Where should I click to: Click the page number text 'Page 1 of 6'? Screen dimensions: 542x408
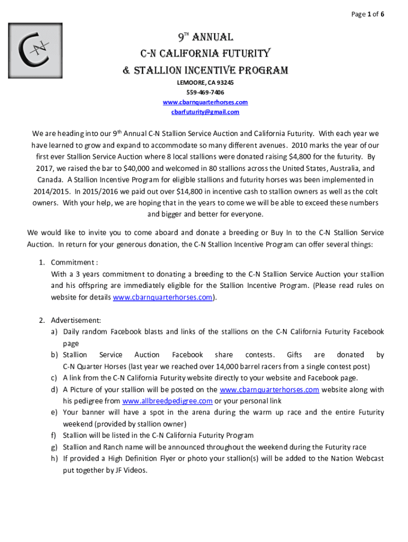tap(368, 14)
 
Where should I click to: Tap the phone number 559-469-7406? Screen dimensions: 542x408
tap(205, 92)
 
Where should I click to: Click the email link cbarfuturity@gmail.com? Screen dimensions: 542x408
tap(205, 112)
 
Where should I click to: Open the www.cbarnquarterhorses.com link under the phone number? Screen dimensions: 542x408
tap(205, 102)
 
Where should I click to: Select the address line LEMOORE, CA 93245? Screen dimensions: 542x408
tap(205, 83)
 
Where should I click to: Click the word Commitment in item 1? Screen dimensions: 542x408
tap(73, 263)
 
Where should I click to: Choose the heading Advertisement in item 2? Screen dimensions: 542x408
tap(75, 320)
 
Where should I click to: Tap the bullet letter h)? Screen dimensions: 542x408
tap(54, 459)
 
